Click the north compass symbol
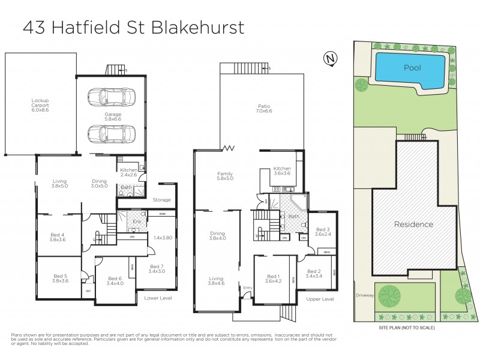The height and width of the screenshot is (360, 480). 329,58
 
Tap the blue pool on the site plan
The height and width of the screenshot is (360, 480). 411,68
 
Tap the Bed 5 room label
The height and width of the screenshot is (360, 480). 60,278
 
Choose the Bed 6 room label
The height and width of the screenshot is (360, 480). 116,281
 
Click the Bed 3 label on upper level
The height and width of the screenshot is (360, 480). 323,232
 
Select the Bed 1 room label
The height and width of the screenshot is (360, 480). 272,279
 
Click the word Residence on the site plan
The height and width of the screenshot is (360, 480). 413,224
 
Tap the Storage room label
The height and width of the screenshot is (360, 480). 161,200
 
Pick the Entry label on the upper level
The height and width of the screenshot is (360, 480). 248,288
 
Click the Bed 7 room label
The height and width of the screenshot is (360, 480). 157,269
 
